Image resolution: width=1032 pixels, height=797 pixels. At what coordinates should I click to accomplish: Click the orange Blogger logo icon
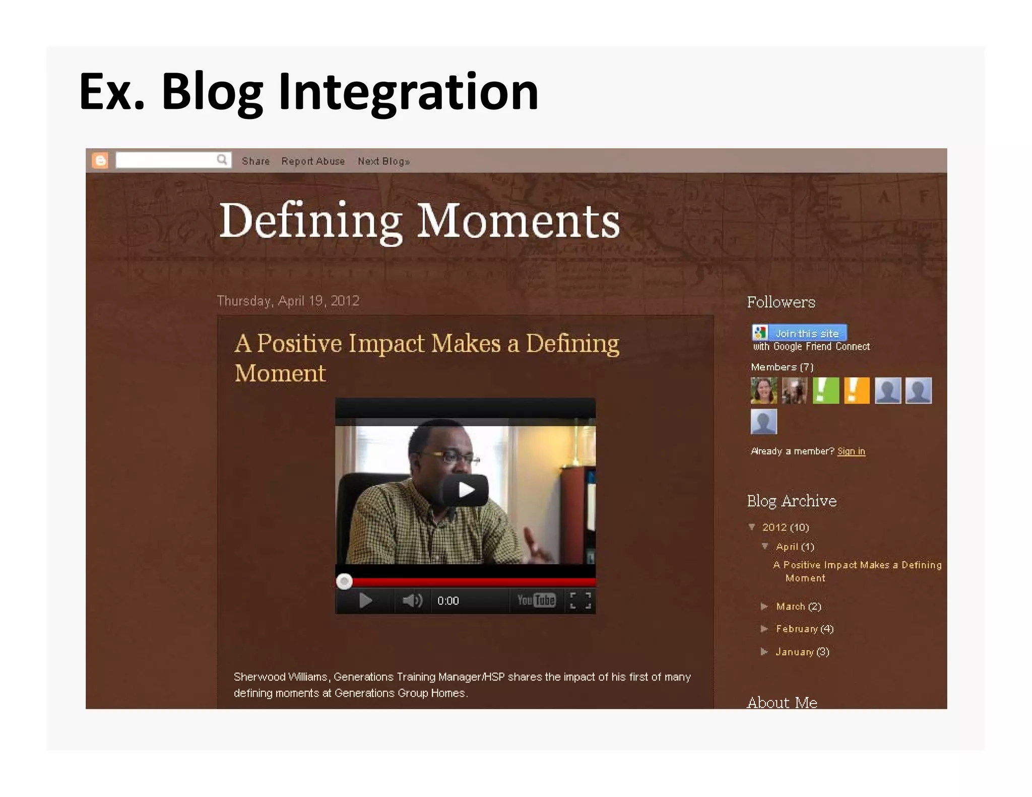point(100,161)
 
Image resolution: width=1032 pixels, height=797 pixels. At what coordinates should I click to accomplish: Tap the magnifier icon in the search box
point(222,160)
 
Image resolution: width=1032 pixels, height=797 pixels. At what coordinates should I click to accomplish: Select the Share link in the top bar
point(255,161)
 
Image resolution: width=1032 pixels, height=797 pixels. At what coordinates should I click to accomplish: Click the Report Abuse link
point(313,161)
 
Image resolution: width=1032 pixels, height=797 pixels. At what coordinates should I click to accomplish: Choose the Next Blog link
point(383,161)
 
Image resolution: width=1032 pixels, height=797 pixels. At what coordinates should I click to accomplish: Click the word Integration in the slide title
point(408,92)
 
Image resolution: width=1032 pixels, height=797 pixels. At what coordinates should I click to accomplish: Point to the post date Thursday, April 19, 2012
point(288,301)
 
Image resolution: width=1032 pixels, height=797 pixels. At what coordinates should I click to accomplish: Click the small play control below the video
point(365,601)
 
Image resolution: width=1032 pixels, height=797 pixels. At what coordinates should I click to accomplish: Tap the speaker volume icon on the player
point(412,601)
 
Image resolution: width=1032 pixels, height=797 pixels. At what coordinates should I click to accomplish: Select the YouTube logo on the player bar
point(536,600)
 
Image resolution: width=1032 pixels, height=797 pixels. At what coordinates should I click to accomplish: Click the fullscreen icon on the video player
point(580,601)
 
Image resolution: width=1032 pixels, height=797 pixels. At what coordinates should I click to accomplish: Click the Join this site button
point(799,333)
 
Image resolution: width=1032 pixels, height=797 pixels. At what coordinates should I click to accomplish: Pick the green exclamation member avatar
point(825,390)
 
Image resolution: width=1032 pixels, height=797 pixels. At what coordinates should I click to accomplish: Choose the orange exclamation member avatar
point(857,390)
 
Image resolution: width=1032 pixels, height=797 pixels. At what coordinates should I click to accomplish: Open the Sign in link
point(851,451)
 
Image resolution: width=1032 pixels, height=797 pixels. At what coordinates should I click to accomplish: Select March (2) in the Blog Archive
point(798,607)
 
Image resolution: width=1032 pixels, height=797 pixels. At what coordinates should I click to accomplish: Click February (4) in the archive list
point(804,629)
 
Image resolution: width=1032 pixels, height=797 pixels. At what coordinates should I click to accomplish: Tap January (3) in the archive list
point(802,652)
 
